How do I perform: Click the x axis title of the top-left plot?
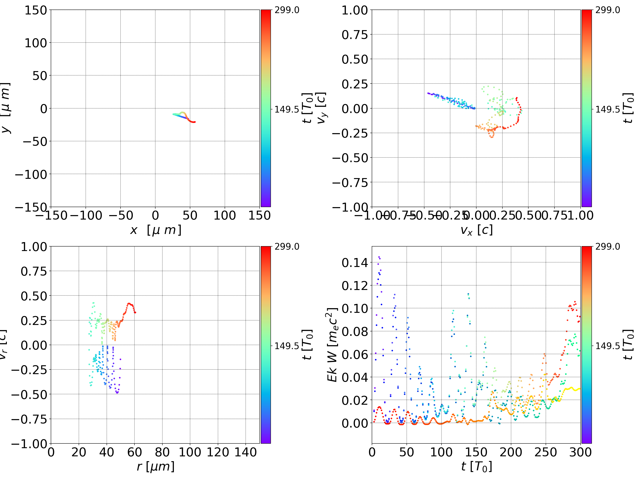[156, 230]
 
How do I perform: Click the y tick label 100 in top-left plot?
[35, 43]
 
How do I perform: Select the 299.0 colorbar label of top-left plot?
[287, 10]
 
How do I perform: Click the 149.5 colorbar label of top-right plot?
[607, 109]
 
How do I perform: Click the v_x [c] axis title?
[477, 230]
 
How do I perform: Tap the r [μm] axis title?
[156, 466]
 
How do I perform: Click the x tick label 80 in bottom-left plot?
[162, 452]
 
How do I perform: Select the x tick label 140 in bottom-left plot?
[245, 452]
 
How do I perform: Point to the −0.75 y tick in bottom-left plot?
[29, 419]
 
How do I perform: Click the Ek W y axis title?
[332, 345]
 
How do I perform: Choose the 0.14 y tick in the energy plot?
[355, 263]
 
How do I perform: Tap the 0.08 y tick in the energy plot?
[355, 331]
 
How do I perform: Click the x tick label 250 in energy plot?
[546, 452]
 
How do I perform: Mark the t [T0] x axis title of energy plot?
[477, 466]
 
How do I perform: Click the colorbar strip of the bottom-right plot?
[586, 345]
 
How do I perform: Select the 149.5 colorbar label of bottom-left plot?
[287, 346]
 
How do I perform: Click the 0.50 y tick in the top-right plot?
[355, 59]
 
